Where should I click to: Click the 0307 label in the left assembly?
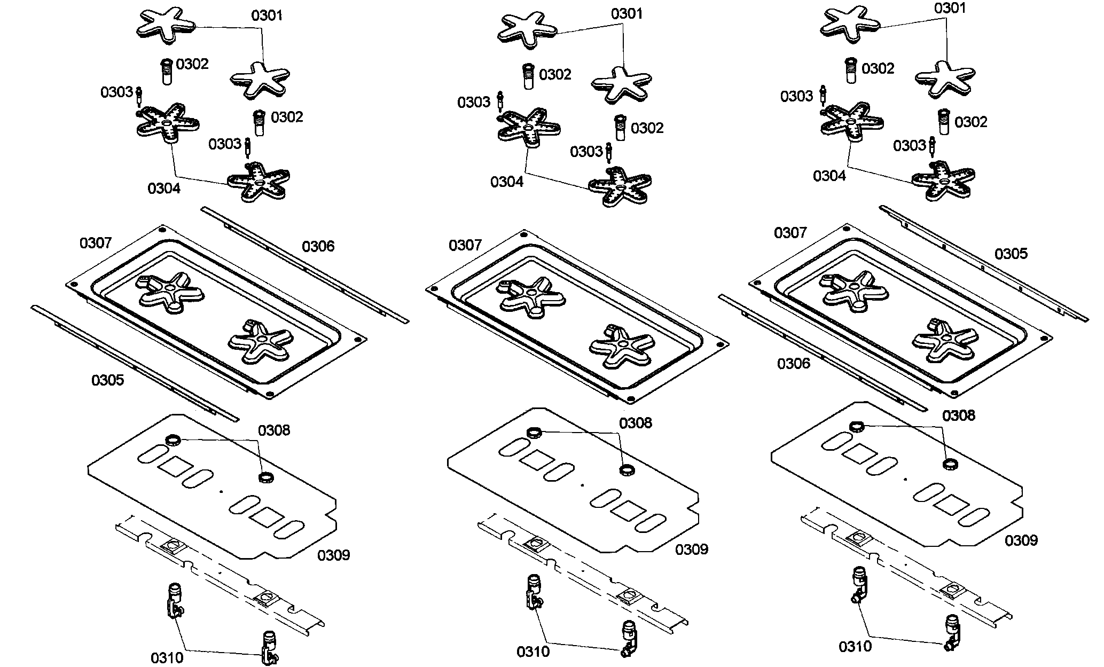tap(96, 244)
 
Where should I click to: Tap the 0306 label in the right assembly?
tap(794, 364)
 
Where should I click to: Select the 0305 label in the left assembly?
tap(107, 380)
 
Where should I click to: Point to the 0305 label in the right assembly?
tap(1011, 254)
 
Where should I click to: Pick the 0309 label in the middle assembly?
tap(692, 550)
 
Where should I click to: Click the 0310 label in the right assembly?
tap(855, 647)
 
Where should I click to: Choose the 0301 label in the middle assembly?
tap(628, 14)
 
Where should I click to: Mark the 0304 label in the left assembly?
tap(164, 189)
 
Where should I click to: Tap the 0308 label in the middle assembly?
tap(636, 423)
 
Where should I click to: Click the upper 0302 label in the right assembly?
tap(878, 69)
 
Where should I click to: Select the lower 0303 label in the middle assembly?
tap(586, 152)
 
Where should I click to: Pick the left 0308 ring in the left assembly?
tap(173, 441)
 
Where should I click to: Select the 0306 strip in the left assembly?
tap(305, 265)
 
